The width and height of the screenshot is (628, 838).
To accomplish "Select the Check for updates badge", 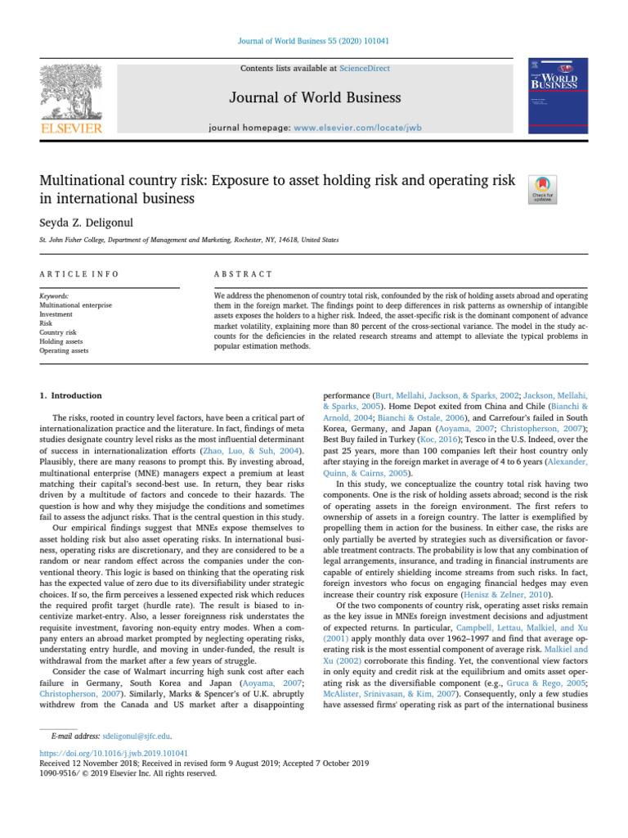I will (545, 190).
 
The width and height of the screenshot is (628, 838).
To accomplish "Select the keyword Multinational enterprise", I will (75, 304).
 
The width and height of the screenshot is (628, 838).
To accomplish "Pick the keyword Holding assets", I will (62, 341).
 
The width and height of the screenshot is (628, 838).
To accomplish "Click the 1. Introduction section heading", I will (72, 395).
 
